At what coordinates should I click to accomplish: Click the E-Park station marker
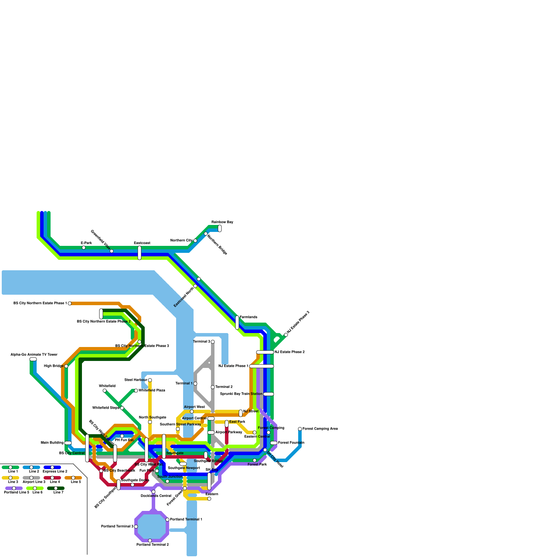(x=84, y=248)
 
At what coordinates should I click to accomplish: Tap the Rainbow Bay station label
(x=222, y=222)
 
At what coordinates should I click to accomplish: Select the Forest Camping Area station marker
(x=300, y=429)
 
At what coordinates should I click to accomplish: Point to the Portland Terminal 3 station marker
(x=136, y=527)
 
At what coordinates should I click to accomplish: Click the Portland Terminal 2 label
(x=152, y=545)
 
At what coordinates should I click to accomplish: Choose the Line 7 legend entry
(x=56, y=488)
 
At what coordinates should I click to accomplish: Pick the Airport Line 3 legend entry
(x=31, y=478)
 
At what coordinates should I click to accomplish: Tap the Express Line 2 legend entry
(x=52, y=467)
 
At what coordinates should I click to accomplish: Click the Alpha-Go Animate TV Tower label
(x=34, y=355)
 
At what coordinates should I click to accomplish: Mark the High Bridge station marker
(x=66, y=366)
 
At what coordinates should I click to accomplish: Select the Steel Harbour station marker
(x=150, y=380)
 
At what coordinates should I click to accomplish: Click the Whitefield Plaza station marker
(x=136, y=391)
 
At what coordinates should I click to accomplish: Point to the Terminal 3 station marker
(x=213, y=342)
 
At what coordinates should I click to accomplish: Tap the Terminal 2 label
(x=224, y=387)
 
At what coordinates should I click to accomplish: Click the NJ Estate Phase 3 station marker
(x=286, y=335)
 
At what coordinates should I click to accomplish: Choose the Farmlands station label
(x=248, y=317)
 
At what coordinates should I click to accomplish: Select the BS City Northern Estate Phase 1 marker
(x=70, y=303)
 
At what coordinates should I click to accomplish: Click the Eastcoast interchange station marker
(x=139, y=253)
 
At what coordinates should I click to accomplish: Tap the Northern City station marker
(x=195, y=241)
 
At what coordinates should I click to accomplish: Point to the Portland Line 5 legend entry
(x=14, y=488)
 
